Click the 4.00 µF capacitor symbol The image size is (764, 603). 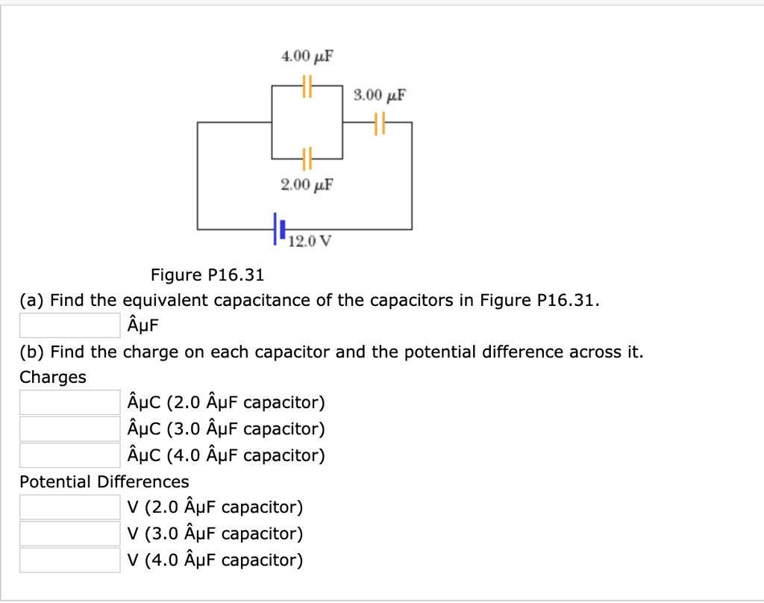(307, 87)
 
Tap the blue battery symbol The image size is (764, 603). (279, 228)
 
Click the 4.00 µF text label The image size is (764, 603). (307, 57)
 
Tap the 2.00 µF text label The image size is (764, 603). (307, 184)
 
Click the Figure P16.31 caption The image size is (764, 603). (207, 275)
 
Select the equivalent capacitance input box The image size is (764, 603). (69, 325)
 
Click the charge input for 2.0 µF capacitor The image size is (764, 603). (69, 403)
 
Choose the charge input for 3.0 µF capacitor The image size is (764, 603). (69, 429)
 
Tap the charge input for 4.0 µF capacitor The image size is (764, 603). (69, 455)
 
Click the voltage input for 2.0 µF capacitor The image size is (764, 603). (69, 507)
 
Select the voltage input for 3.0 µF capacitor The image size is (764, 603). (69, 534)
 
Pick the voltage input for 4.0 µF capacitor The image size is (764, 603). (69, 560)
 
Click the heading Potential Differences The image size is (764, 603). (104, 481)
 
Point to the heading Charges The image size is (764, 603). (53, 378)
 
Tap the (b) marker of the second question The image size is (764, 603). (32, 352)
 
